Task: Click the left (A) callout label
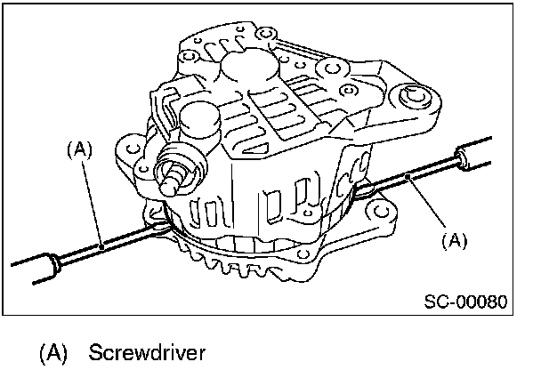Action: (x=79, y=150)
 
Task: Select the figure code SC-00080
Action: (x=465, y=302)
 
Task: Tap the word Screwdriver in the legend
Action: (x=147, y=352)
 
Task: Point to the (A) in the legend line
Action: (x=52, y=352)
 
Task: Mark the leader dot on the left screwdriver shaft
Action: (x=102, y=244)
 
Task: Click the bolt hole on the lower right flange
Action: (x=383, y=213)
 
